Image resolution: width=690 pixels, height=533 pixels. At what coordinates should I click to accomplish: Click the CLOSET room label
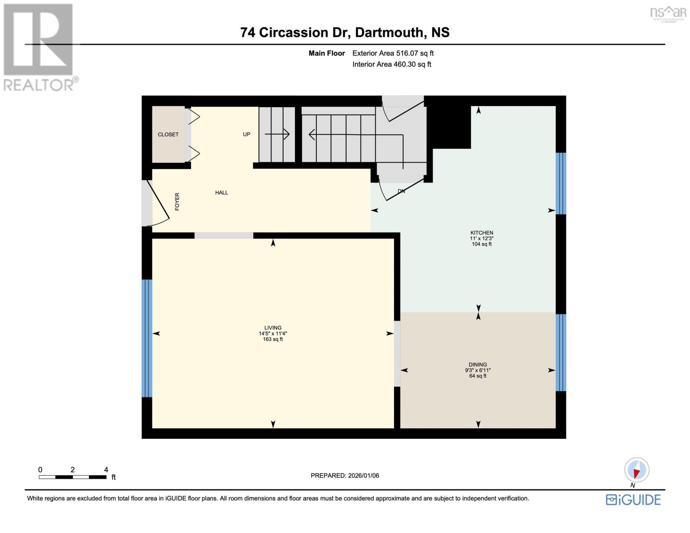pos(168,135)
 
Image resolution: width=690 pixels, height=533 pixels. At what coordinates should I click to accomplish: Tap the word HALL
pos(221,193)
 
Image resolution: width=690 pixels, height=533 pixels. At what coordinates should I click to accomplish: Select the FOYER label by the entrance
pos(177,201)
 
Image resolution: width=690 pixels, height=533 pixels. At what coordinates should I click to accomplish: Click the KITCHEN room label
pos(482,233)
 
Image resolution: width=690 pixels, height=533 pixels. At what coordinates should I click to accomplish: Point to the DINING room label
pos(478,365)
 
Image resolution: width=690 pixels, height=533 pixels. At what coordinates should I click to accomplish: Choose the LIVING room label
pos(273,328)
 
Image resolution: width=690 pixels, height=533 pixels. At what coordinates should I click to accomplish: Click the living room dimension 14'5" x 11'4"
pos(273,334)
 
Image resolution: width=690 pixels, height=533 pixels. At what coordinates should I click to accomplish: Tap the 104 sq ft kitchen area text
pos(482,244)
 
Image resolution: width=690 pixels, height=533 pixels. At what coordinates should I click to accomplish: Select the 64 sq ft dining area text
pos(478,376)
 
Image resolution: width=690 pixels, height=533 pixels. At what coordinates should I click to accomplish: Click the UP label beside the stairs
pos(246,135)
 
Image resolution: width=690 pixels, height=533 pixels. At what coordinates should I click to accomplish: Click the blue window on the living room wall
pos(147,338)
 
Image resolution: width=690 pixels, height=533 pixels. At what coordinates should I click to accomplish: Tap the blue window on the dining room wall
pos(561,353)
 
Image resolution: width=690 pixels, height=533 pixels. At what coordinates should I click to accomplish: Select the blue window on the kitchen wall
pos(561,183)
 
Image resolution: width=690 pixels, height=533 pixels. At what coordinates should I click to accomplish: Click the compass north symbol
pos(636,470)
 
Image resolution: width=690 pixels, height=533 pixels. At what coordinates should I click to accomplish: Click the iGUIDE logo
pos(633,500)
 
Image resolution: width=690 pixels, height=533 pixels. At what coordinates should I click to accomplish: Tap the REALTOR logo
pos(39,47)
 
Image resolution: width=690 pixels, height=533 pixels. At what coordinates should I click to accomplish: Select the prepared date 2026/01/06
pos(345,476)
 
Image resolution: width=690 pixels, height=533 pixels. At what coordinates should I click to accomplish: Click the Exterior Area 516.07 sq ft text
pos(393,53)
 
